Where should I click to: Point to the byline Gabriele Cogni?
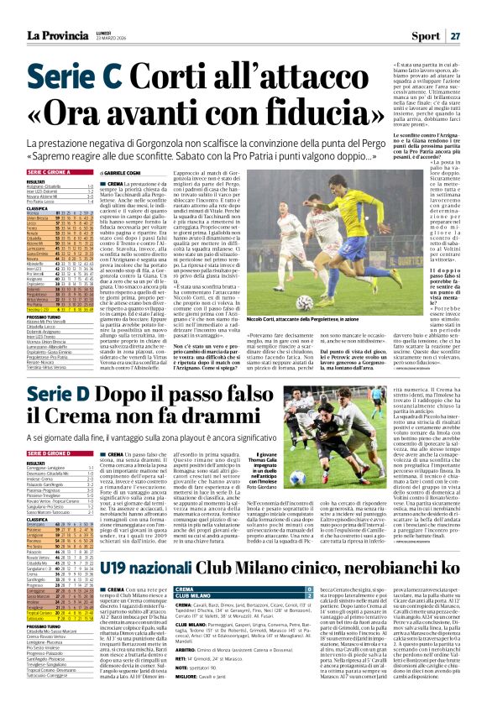[113, 171]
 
